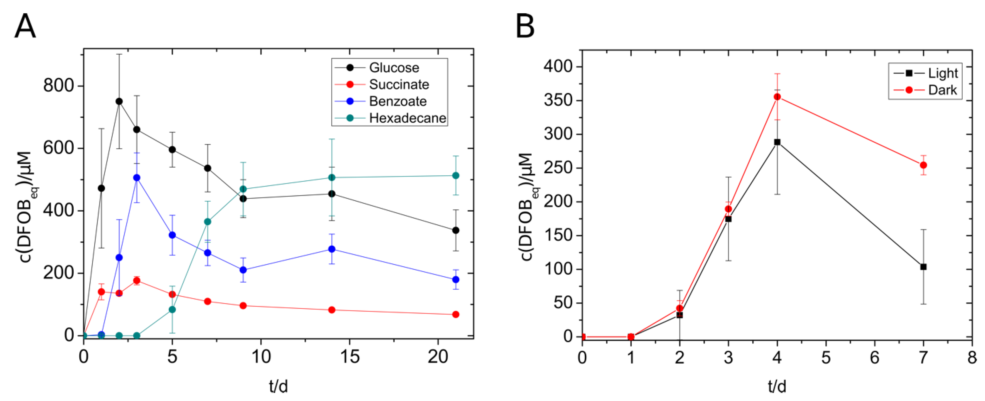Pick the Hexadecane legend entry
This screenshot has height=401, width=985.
click(407, 118)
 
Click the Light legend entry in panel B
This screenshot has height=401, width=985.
click(943, 73)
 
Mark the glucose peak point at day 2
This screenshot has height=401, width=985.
click(119, 101)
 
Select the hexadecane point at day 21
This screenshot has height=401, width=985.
click(455, 176)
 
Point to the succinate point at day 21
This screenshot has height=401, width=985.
click(455, 315)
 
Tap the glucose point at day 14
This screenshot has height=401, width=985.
click(332, 194)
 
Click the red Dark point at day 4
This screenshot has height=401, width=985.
click(777, 97)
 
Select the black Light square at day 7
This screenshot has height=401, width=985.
click(923, 267)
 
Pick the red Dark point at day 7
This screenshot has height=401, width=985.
click(923, 165)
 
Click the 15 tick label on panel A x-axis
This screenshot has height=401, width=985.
click(349, 357)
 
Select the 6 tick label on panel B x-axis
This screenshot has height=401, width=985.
click(874, 358)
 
